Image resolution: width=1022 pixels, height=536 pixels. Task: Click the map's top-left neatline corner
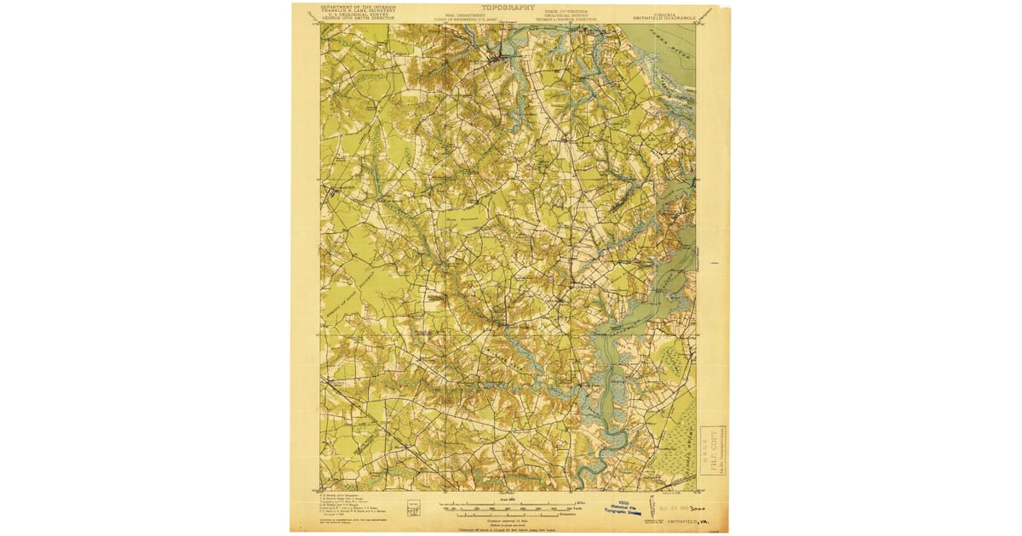pos(321,24)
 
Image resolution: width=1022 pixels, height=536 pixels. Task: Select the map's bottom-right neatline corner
pos(697,491)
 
